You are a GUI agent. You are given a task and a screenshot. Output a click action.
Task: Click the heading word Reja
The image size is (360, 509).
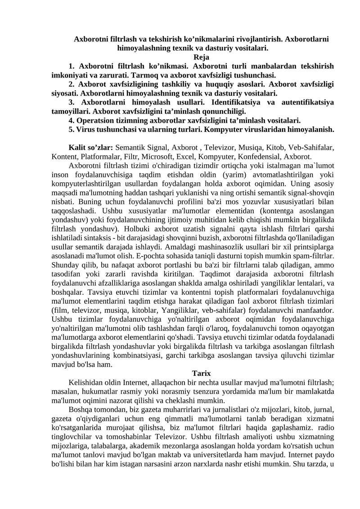[x=201, y=57]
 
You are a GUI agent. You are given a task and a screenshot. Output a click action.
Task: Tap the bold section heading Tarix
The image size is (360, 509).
[x=201, y=373]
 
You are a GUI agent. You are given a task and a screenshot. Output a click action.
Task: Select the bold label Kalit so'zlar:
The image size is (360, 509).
[x=91, y=147]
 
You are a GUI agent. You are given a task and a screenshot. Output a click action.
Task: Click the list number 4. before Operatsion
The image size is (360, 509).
[x=72, y=120]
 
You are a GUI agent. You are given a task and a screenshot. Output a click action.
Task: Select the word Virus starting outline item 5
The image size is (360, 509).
[x=85, y=129]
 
